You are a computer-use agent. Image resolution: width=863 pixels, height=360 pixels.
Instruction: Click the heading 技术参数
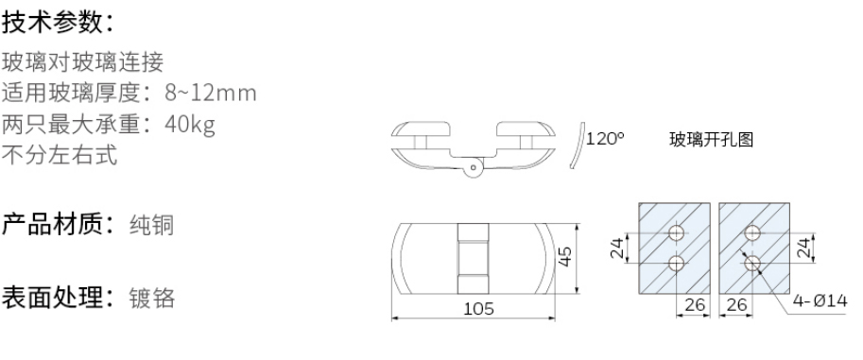(x=58, y=20)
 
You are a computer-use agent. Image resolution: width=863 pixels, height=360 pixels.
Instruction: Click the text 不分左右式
(x=60, y=156)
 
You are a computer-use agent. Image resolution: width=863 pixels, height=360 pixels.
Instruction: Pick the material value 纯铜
(x=150, y=227)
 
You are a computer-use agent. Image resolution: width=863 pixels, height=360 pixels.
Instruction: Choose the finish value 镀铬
(x=150, y=298)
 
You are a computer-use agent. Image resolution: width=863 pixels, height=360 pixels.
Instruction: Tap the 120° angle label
(x=605, y=139)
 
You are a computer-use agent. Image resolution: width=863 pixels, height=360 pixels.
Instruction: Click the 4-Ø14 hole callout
(x=821, y=302)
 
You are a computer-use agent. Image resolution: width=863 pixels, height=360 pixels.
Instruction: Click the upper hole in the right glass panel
(x=752, y=233)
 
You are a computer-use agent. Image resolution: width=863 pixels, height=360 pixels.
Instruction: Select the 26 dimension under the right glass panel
(x=736, y=304)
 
